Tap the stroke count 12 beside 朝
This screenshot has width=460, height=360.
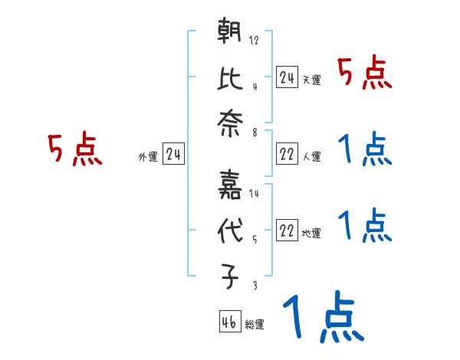coord(254,41)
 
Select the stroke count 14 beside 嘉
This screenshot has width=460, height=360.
coord(254,194)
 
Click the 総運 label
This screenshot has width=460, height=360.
coord(255,325)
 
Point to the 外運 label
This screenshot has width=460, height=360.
coord(147,157)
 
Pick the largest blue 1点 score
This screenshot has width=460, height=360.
coord(322,319)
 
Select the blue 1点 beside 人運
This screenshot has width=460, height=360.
coord(364,151)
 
